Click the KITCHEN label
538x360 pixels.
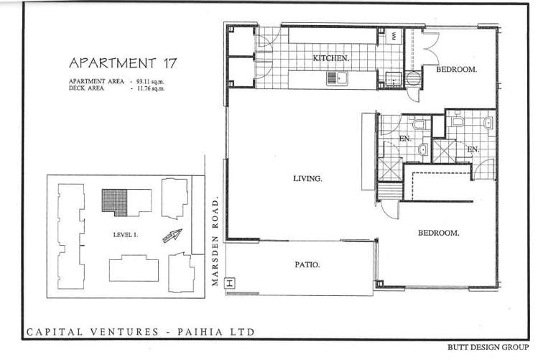pos(331,57)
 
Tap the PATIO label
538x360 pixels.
pos(307,264)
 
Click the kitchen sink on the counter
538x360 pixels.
pos(342,77)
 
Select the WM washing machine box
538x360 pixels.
pos(394,35)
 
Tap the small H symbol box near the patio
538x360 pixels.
pos(230,282)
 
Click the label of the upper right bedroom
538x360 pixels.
pos(457,70)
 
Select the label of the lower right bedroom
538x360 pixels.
pos(438,233)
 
